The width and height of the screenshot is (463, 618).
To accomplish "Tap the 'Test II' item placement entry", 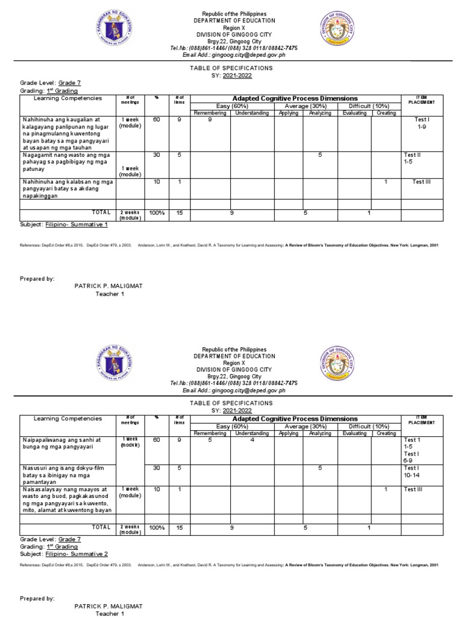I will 412,154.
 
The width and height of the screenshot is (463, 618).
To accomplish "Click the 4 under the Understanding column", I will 253,440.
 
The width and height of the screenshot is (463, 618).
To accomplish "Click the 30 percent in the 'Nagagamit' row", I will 157,154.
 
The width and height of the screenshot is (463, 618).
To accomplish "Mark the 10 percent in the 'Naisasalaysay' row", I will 157,489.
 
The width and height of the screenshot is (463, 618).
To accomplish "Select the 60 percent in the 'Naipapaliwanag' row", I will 157,440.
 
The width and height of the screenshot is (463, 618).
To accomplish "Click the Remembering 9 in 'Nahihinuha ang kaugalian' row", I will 210,119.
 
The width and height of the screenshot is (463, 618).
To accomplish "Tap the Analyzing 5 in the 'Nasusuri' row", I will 320,468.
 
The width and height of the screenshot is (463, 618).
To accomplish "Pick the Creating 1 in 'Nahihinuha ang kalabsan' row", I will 386,182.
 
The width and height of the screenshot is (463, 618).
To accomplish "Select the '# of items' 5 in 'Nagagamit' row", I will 179,154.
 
